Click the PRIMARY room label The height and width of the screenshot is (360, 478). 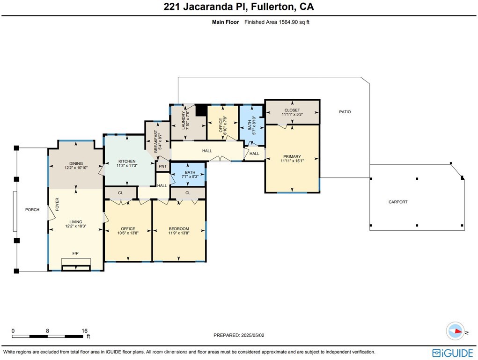(292, 157)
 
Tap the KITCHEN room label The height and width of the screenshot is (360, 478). (126, 162)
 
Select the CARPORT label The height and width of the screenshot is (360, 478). (398, 202)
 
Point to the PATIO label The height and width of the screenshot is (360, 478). (345, 112)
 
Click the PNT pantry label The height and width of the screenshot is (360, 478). (162, 166)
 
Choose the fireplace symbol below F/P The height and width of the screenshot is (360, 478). (75, 267)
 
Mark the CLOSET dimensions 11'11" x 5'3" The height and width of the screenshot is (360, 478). (292, 114)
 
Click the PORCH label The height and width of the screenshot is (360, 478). (32, 210)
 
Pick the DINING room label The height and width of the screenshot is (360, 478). (76, 162)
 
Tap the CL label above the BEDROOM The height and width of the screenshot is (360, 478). (188, 193)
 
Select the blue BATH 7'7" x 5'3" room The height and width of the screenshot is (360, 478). (188, 174)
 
